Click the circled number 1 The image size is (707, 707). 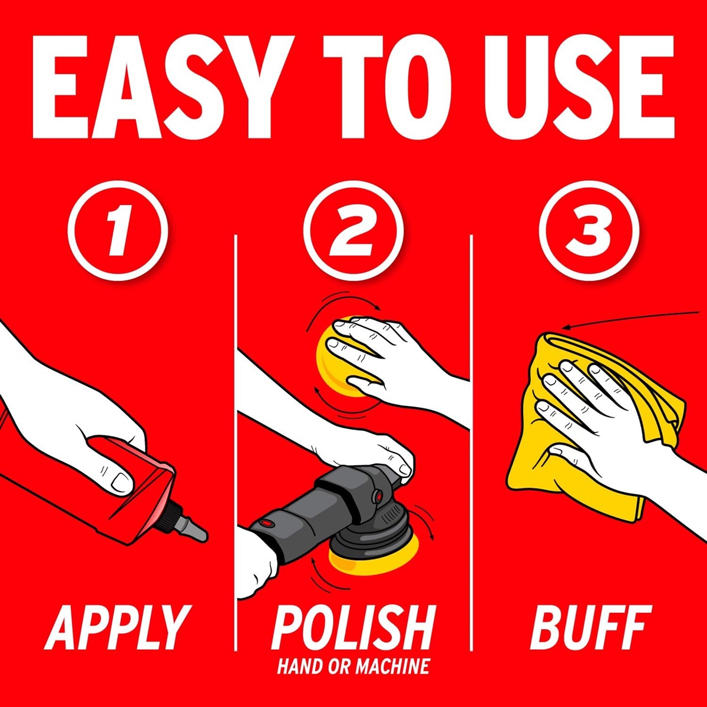(x=118, y=231)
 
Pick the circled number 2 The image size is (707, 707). (x=353, y=231)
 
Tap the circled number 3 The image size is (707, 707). (x=589, y=231)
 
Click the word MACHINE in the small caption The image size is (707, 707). (x=392, y=666)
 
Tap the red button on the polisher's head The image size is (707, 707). (x=377, y=497)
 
